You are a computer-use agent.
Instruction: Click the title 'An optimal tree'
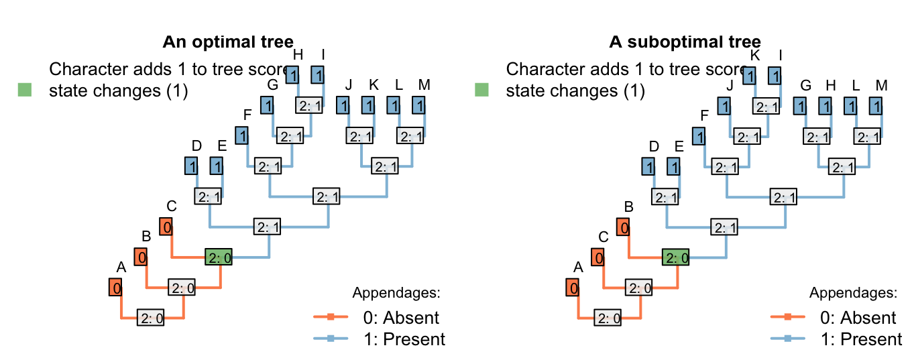point(228,42)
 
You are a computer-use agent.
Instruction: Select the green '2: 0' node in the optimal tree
point(219,257)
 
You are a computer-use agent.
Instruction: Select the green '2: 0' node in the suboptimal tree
point(675,257)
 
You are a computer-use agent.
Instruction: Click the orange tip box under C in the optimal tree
point(166,227)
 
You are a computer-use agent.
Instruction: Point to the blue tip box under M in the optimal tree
point(418,105)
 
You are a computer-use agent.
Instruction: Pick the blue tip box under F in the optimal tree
point(242,135)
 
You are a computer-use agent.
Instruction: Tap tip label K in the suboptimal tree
point(755,55)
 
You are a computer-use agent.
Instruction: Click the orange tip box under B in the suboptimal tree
point(624,227)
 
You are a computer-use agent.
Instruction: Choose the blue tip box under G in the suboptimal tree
point(799,105)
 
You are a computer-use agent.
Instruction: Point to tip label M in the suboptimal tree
point(881,86)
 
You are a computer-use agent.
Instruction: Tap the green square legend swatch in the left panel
point(24,89)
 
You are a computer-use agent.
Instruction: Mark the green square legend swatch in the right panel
point(481,89)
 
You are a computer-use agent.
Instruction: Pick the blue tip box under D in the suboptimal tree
point(648,166)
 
